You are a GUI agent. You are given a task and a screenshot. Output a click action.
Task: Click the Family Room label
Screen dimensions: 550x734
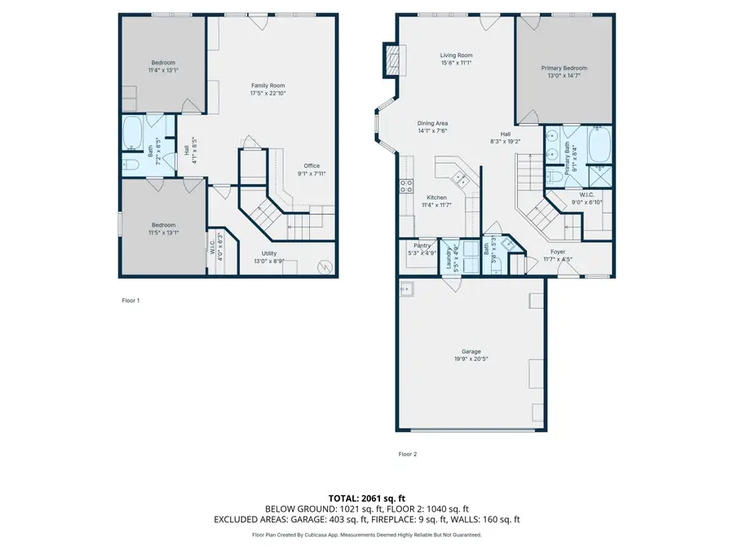click(x=268, y=86)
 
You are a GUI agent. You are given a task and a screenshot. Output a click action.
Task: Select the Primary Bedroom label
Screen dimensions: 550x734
click(x=564, y=68)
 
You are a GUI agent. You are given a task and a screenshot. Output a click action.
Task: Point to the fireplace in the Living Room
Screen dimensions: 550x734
click(x=393, y=59)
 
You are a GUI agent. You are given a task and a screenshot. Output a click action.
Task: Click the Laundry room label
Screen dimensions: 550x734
click(x=446, y=254)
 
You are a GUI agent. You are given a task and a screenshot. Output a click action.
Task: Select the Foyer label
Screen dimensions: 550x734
click(x=557, y=252)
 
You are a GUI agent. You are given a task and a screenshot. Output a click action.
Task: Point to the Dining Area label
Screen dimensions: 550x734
click(x=432, y=123)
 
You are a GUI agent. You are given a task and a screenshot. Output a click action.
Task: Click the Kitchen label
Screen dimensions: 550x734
click(x=436, y=198)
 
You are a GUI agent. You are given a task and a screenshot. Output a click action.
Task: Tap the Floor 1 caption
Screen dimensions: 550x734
click(x=130, y=301)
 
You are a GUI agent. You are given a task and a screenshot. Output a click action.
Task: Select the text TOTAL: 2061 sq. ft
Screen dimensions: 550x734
click(x=366, y=498)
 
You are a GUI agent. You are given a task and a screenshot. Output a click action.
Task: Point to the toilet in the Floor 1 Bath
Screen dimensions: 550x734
click(x=133, y=166)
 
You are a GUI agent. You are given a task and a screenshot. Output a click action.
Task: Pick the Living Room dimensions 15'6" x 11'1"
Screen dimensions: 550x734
click(x=456, y=63)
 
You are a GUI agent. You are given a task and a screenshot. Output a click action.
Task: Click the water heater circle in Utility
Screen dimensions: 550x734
click(x=324, y=266)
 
